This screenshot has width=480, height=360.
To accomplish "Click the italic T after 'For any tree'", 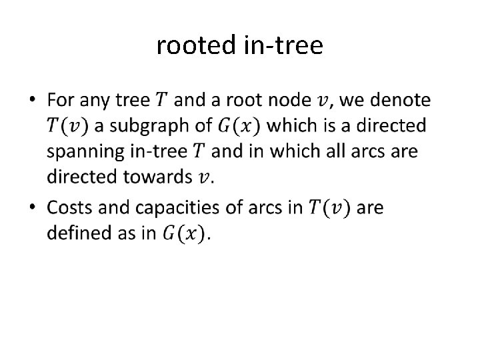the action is [x=161, y=101].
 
